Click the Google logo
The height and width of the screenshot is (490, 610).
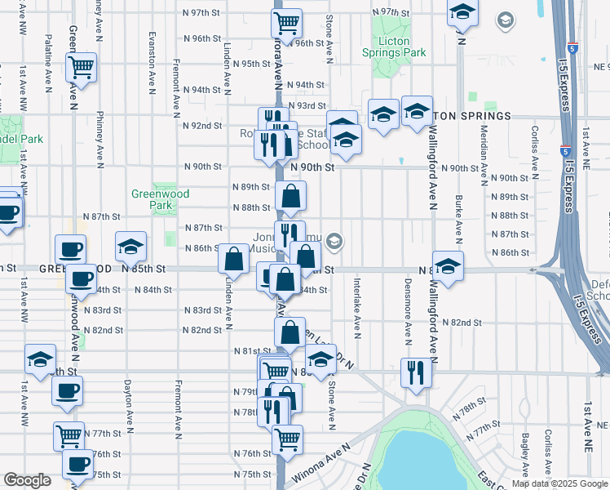(27, 480)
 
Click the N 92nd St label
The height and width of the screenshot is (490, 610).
(202, 126)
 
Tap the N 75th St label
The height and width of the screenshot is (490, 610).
(251, 474)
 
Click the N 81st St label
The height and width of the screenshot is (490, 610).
(251, 351)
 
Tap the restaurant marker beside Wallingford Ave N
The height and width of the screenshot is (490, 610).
(416, 372)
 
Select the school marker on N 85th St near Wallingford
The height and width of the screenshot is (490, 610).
(448, 265)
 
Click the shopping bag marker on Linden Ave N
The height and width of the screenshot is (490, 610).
(234, 258)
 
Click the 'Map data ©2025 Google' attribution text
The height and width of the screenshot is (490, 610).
(558, 483)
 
